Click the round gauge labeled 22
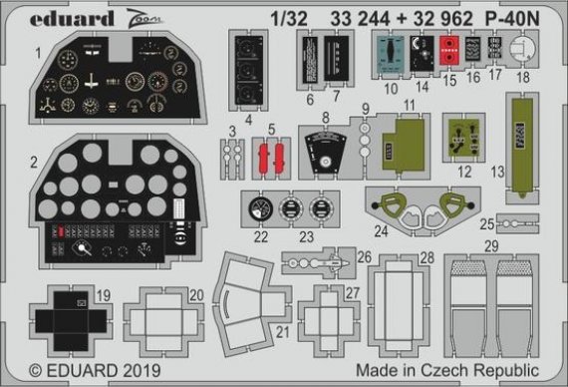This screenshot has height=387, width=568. coord(260,211)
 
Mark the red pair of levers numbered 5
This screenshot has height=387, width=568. coord(271,157)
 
